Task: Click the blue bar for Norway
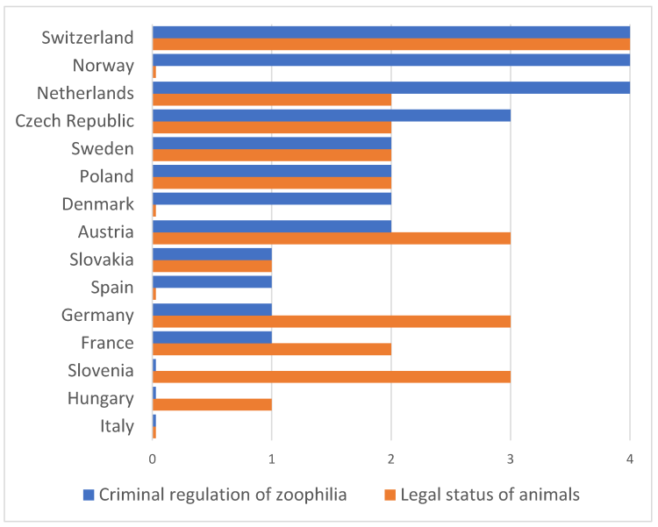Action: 390,60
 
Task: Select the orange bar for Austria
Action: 331,238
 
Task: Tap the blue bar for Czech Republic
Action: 331,115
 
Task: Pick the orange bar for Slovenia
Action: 331,376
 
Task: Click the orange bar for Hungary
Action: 211,404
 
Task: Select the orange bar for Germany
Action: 331,321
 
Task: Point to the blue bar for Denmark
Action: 271,198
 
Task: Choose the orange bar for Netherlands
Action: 271,99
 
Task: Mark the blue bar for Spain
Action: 211,281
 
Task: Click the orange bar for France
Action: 271,349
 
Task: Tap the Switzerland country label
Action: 87,38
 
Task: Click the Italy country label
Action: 117,427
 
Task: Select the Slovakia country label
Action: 102,260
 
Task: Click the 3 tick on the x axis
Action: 511,459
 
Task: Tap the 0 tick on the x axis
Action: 153,459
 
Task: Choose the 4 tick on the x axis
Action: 629,459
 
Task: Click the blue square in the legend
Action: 89,495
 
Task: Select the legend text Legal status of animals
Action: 490,495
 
